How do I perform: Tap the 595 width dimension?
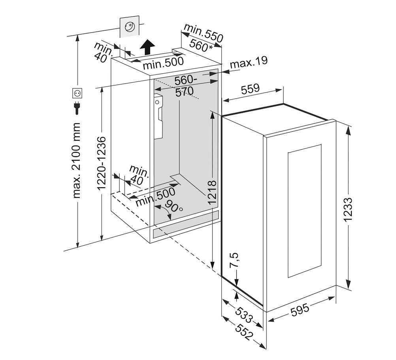coord(300,310)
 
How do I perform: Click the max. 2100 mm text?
coord(76,160)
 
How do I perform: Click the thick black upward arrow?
coord(147,47)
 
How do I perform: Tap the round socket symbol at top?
coord(130,27)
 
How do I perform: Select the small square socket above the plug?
coord(77,93)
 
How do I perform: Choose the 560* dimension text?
coord(201,46)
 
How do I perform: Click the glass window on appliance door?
coord(304,211)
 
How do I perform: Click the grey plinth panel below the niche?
coord(186,224)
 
